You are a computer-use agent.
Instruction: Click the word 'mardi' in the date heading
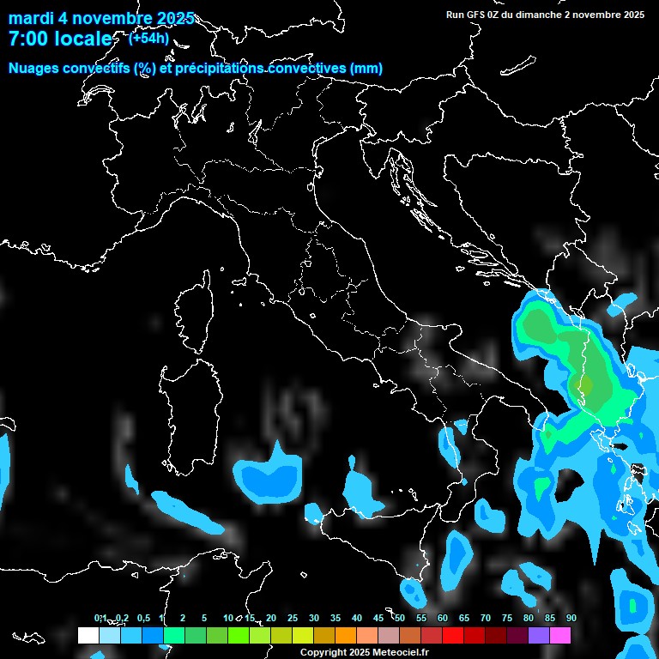(30, 19)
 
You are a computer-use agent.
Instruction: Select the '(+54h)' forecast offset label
(148, 38)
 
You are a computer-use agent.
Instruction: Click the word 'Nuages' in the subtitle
(33, 69)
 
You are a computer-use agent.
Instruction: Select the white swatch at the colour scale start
(88, 635)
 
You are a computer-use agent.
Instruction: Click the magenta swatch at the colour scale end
(560, 635)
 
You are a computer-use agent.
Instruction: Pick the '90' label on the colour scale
(571, 618)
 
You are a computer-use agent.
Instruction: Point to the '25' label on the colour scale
(292, 618)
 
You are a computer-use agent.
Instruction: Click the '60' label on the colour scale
(442, 618)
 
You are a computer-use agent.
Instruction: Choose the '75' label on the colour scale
(506, 618)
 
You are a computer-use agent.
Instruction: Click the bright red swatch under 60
(453, 635)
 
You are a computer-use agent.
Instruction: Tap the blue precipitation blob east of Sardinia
(269, 476)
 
